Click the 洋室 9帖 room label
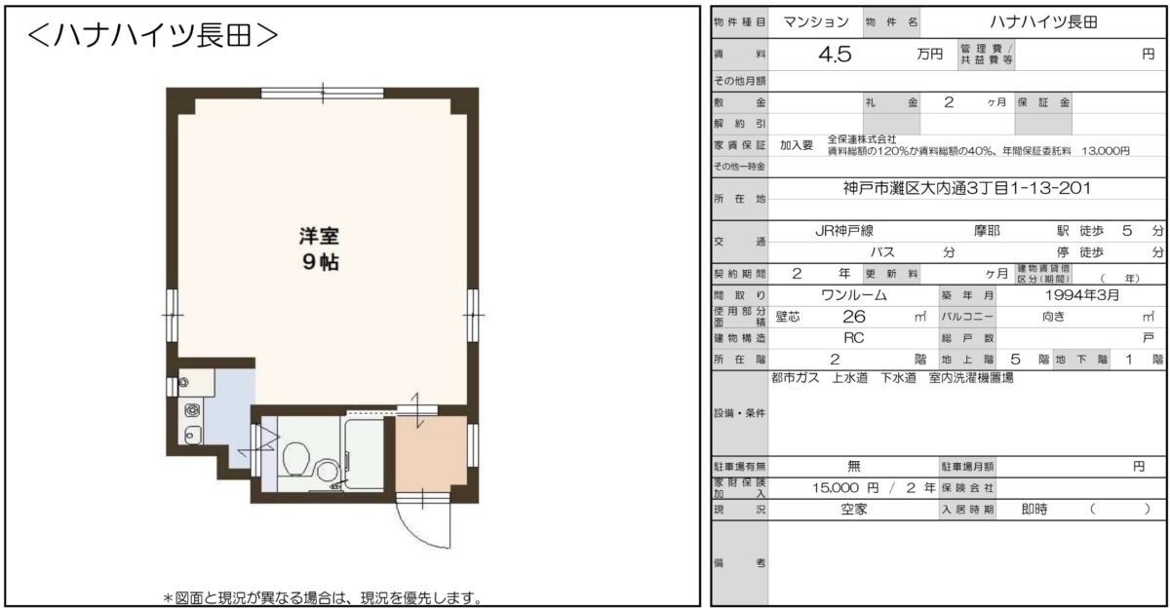pos(320,248)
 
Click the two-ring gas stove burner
pos(192,410)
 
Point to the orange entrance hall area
pos(431,453)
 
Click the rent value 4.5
pos(835,55)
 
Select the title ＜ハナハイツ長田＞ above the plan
pos(152,35)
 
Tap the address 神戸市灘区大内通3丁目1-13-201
pos(967,188)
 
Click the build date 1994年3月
pos(1081,295)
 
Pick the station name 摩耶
pos(987,231)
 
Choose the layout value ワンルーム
pos(854,295)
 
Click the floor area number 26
pos(854,317)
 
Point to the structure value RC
pos(853,338)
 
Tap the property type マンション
pos(816,21)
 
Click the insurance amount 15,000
pos(836,488)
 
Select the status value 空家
pos(854,510)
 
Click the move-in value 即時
pos(1034,510)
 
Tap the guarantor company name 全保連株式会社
pos(862,139)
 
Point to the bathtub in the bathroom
pos(364,452)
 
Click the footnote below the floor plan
pos(323,597)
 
